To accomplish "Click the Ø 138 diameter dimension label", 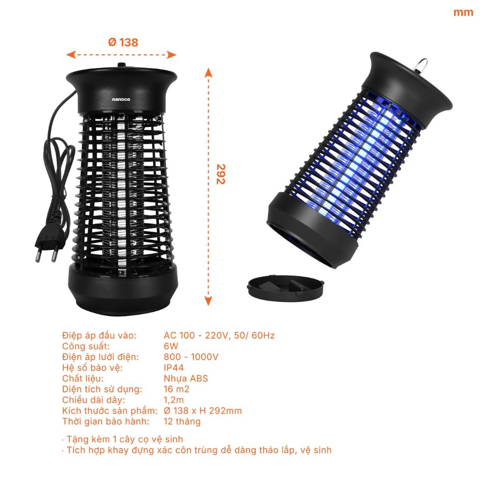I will pyautogui.click(x=123, y=42).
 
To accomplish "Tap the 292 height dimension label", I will pyautogui.click(x=221, y=174).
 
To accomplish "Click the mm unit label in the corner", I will pyautogui.click(x=463, y=13).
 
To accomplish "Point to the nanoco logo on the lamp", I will pyautogui.click(x=121, y=99).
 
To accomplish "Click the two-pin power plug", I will pyautogui.click(x=49, y=242).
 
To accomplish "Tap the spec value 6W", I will pyautogui.click(x=171, y=346).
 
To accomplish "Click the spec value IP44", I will pyautogui.click(x=174, y=368).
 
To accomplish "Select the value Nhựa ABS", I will pyautogui.click(x=186, y=378).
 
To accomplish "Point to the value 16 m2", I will pyautogui.click(x=177, y=389).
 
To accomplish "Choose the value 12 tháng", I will pyautogui.click(x=182, y=421).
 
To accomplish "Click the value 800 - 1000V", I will pyautogui.click(x=191, y=357).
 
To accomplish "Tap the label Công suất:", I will pyautogui.click(x=86, y=346).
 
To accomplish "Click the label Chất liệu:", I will pyautogui.click(x=83, y=378).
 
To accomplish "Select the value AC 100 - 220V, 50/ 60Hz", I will pyautogui.click(x=219, y=335).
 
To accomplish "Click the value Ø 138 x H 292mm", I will pyautogui.click(x=203, y=410).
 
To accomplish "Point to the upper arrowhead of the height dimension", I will pyautogui.click(x=208, y=73).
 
